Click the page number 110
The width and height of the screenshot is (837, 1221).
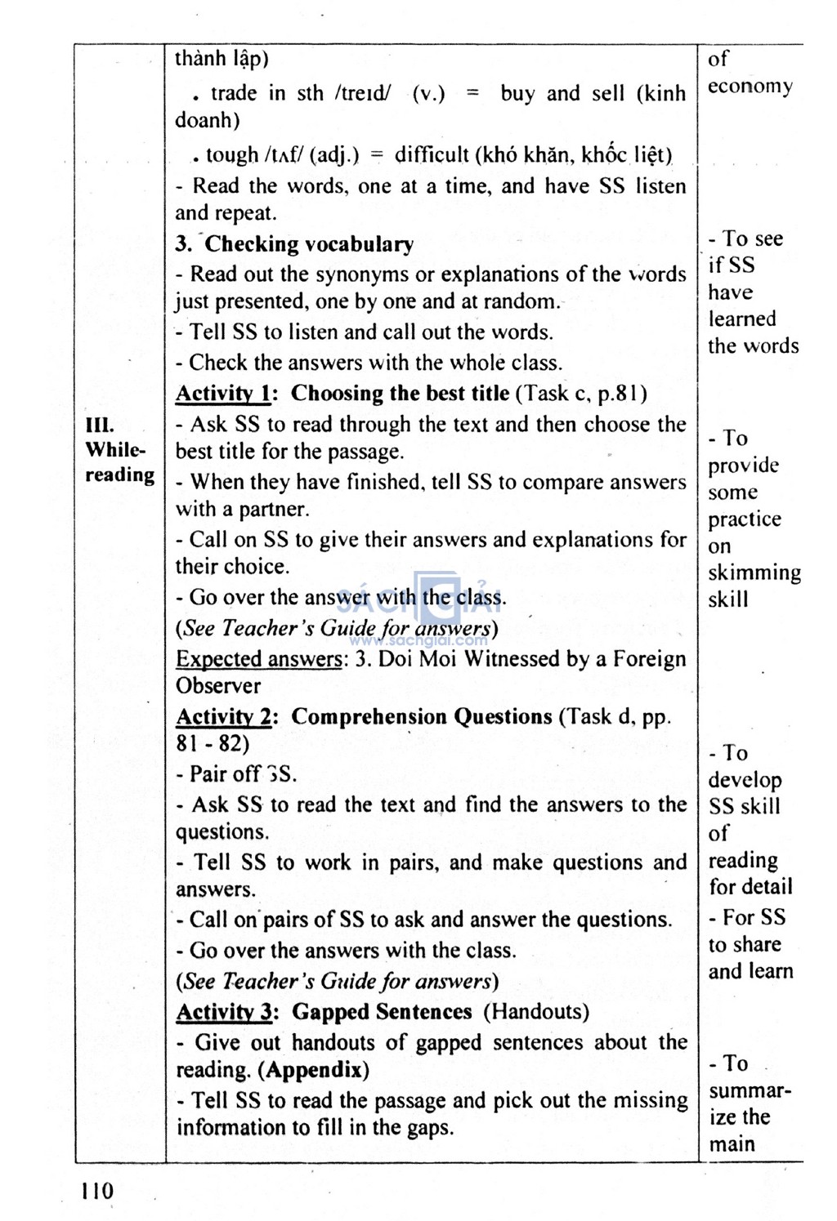tap(98, 1191)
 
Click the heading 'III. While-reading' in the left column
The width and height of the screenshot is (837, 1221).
tap(119, 450)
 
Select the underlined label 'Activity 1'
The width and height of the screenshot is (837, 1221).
tap(223, 394)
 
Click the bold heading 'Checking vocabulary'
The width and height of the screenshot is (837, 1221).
tap(309, 244)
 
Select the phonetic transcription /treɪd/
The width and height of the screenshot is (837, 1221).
tap(362, 94)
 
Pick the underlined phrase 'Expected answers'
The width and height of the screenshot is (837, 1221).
tap(259, 659)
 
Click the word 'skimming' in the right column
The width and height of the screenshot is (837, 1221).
tap(754, 573)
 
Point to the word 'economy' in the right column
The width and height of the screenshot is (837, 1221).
tap(750, 87)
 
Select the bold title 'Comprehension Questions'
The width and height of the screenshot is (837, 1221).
tap(422, 717)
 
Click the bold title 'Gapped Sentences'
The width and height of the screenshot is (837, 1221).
tap(382, 1012)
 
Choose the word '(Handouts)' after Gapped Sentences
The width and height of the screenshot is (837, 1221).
tap(536, 1012)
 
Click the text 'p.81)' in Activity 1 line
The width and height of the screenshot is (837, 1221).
tap(623, 394)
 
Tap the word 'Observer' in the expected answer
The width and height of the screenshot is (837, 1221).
tap(218, 686)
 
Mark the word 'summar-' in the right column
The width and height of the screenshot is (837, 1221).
tap(750, 1091)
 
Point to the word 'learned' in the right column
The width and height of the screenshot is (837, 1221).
tap(741, 319)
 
